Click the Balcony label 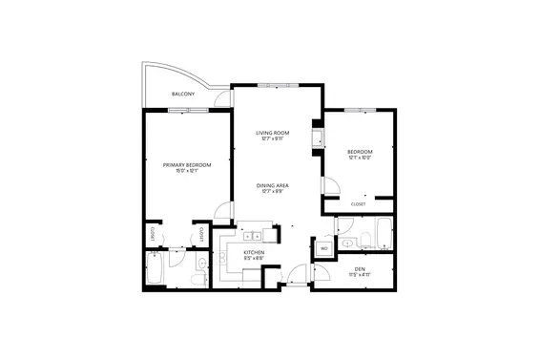[183, 95]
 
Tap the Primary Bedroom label [186, 165]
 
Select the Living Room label [273, 133]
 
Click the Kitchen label [253, 252]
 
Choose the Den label [359, 269]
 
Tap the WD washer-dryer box [323, 249]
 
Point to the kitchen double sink [253, 235]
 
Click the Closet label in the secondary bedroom [359, 203]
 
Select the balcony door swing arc [221, 95]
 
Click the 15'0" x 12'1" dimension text [186, 172]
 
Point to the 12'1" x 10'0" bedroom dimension [359, 159]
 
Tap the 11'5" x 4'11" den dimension [359, 276]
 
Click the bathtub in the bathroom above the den [383, 234]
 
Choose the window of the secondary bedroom [358, 111]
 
